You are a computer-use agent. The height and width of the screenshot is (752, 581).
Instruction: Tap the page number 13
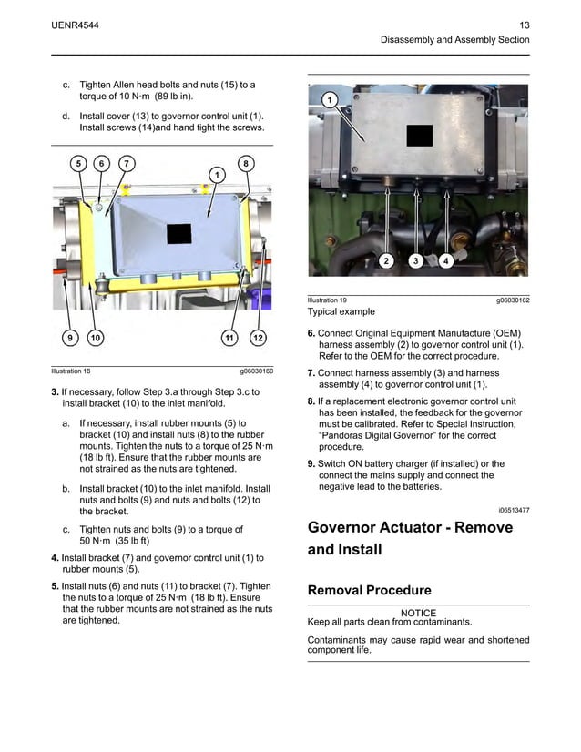[x=524, y=24]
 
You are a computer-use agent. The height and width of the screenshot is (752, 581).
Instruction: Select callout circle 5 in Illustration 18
[x=78, y=163]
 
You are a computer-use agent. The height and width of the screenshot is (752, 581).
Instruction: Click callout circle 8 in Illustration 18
[x=245, y=163]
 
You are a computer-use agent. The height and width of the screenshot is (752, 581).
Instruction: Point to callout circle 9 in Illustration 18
[x=68, y=339]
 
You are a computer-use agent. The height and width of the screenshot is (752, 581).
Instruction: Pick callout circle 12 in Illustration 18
[x=258, y=339]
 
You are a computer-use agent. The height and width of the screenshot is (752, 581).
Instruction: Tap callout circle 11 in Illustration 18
[x=229, y=339]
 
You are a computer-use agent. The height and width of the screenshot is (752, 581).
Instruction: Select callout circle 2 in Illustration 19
[x=385, y=261]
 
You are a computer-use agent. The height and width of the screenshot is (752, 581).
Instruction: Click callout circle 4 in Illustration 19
[x=445, y=261]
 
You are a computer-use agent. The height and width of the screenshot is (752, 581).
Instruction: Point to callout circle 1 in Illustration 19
[x=329, y=98]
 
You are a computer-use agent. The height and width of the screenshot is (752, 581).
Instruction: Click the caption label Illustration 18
[x=71, y=371]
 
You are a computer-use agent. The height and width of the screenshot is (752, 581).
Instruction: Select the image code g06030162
[x=513, y=300]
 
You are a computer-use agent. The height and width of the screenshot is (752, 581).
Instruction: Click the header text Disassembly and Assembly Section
[x=454, y=40]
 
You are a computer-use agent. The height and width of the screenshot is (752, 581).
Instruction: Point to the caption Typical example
[x=341, y=311]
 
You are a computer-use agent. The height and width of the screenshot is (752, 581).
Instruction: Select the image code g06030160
[x=256, y=371]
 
